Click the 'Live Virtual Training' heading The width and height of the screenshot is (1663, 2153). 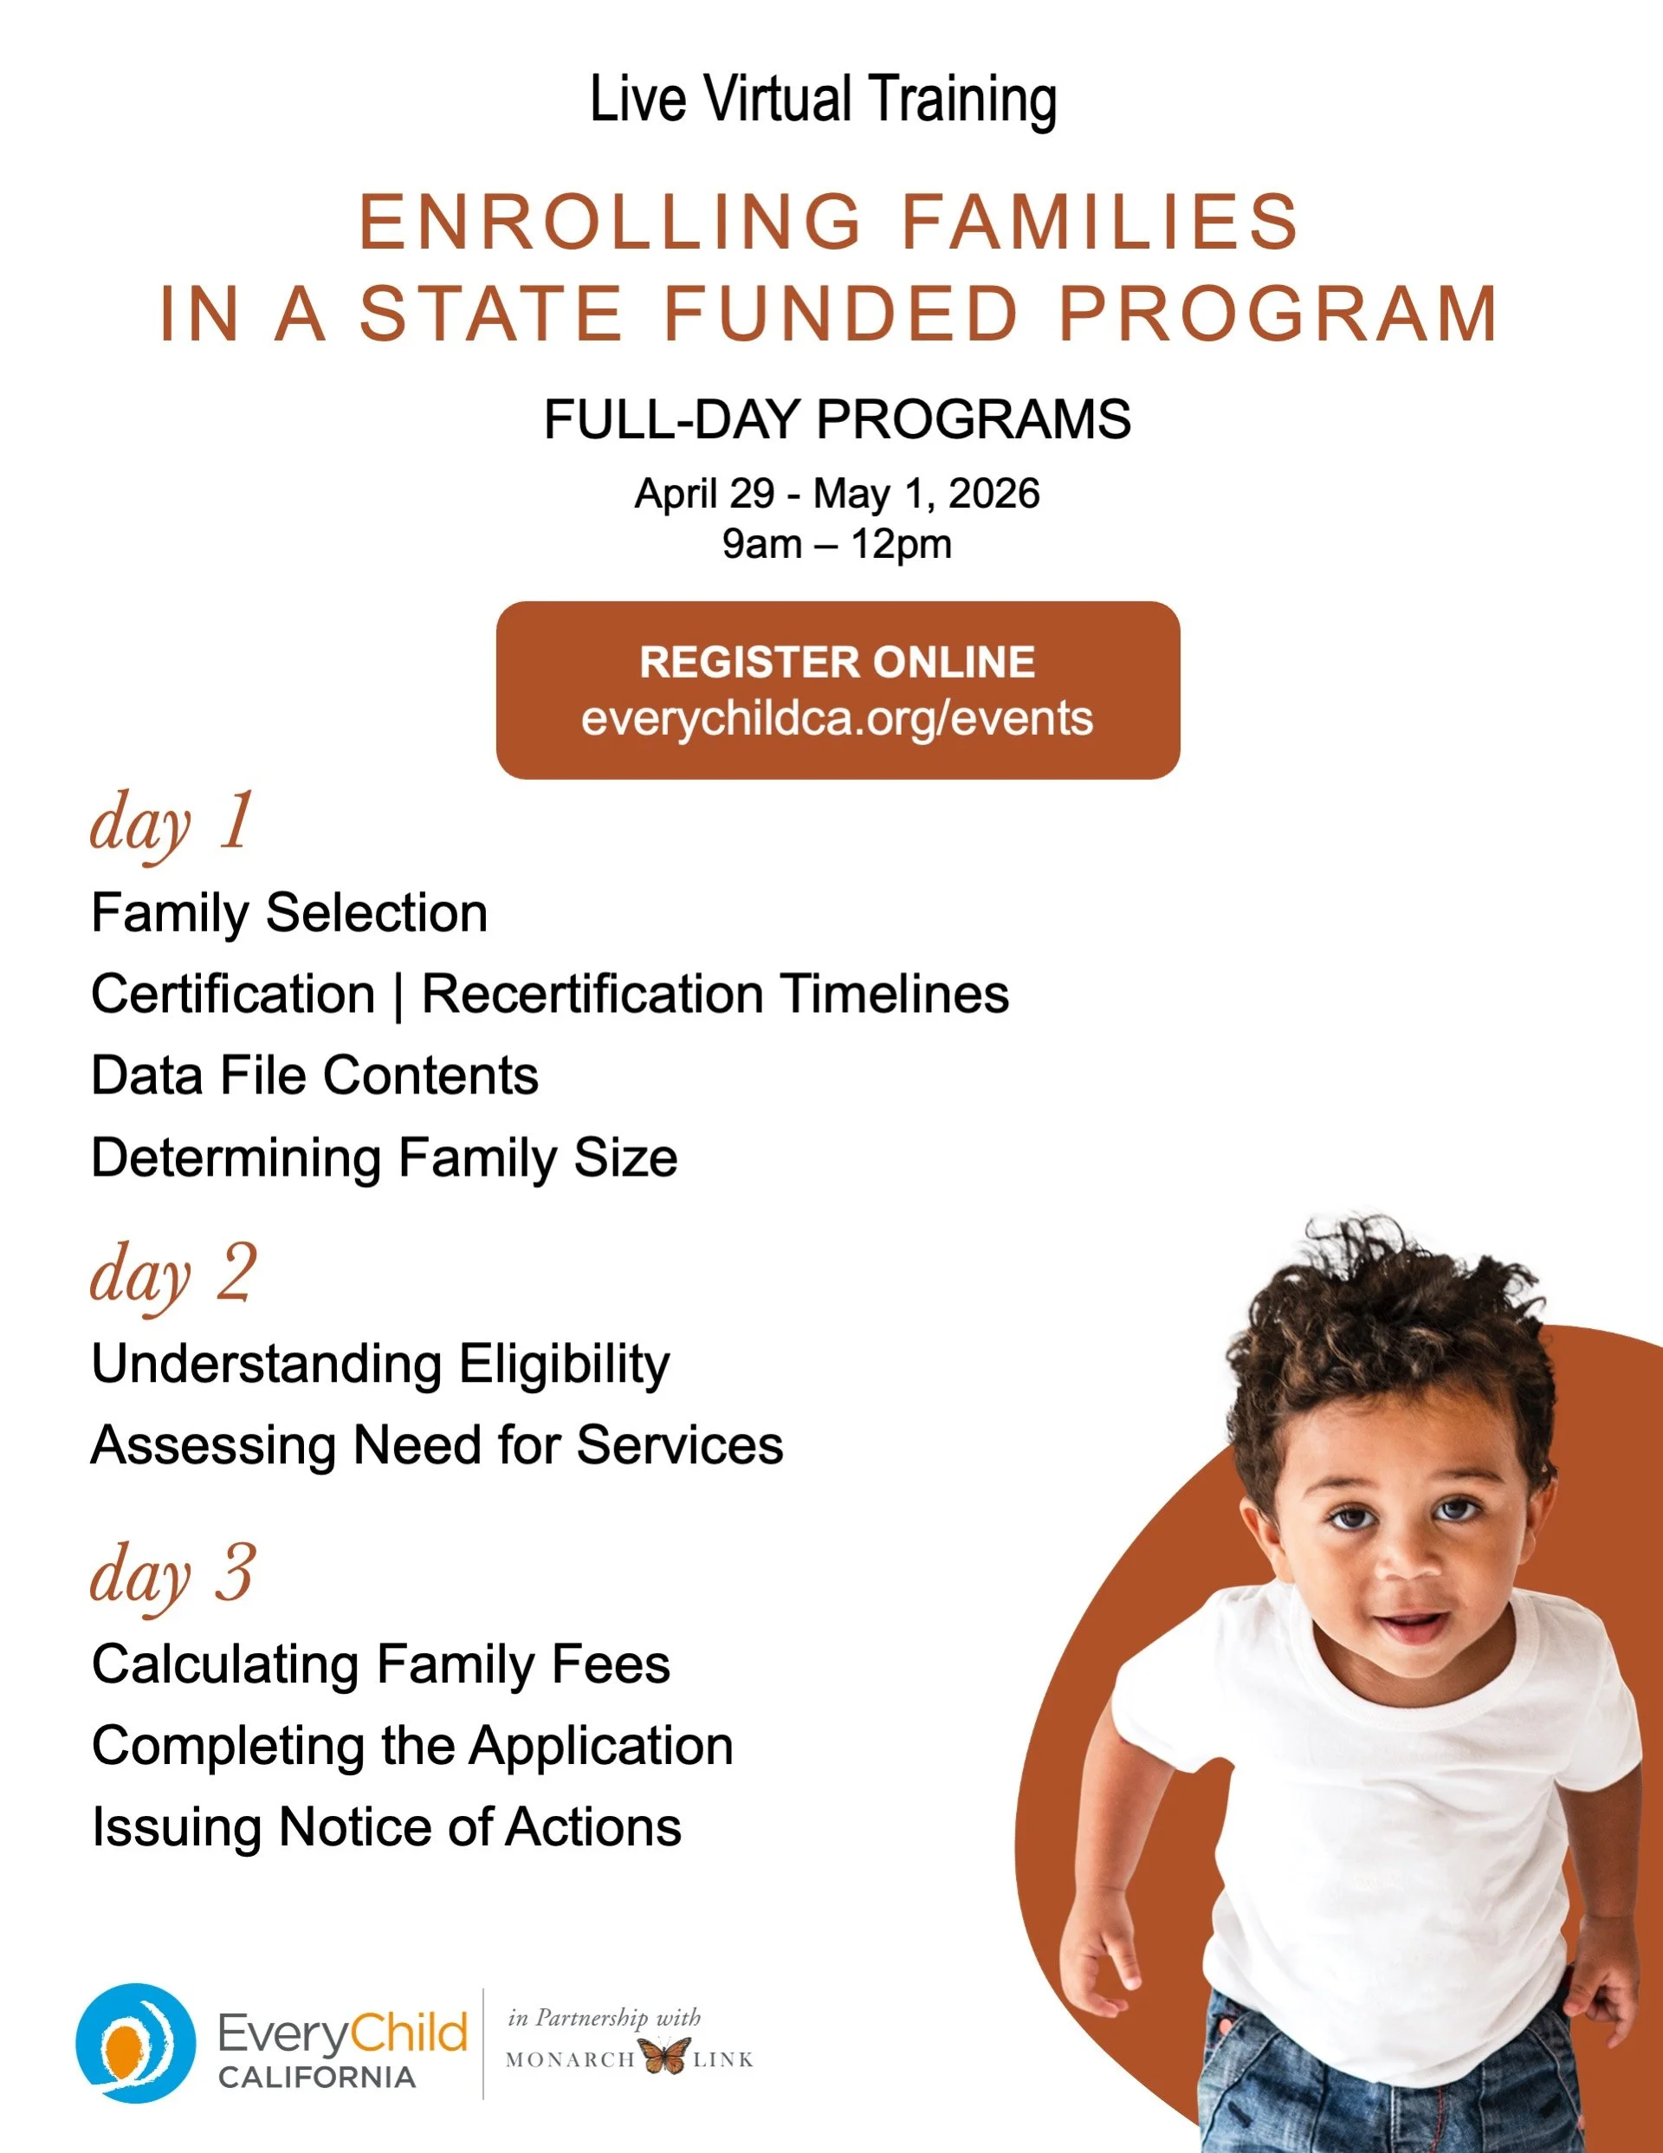coord(823,100)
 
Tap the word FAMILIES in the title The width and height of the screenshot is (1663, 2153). coord(1100,222)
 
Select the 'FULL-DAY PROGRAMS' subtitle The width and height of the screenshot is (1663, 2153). coord(837,420)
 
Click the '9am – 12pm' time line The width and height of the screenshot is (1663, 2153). coord(837,544)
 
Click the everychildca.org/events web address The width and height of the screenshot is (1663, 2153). coord(837,718)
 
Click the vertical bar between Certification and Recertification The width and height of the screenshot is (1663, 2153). coord(398,995)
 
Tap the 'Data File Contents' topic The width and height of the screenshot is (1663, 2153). coord(314,1075)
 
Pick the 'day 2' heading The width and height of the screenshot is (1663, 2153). coord(173,1274)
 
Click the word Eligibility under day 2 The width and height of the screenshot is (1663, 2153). coord(564,1365)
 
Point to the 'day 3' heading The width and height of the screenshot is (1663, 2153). coord(172,1574)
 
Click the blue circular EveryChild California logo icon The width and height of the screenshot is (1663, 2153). coord(135,2044)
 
